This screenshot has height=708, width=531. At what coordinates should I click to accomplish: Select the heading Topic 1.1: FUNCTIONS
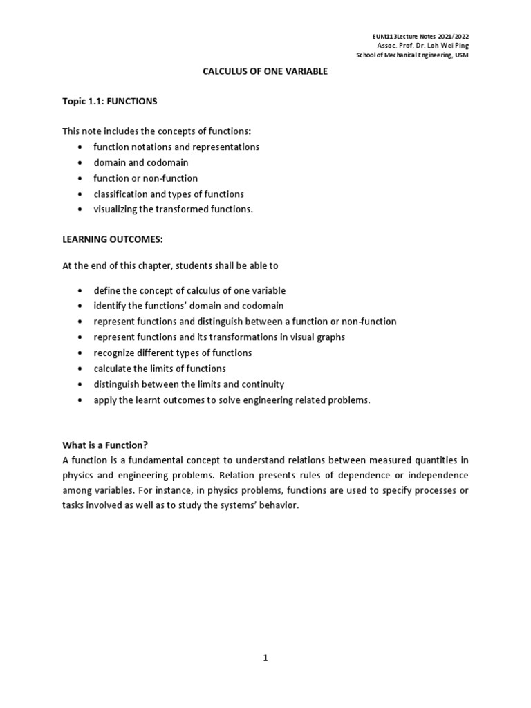tap(110, 102)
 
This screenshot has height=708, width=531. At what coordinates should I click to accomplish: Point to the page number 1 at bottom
tap(265, 658)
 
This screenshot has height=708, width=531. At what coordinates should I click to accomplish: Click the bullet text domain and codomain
tap(140, 162)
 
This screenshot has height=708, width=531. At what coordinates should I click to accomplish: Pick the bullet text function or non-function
tap(145, 178)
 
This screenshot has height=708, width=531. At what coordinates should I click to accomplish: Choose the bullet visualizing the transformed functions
tap(174, 209)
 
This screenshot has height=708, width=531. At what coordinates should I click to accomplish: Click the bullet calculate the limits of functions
tap(160, 369)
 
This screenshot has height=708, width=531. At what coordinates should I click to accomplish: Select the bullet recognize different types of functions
tap(173, 353)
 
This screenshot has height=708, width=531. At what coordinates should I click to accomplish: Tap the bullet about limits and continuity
tap(189, 384)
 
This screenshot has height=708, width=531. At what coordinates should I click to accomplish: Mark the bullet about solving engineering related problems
tap(232, 400)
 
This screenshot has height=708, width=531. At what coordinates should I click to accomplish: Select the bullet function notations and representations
tap(176, 147)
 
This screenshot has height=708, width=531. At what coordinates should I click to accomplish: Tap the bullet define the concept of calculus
tap(189, 290)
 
